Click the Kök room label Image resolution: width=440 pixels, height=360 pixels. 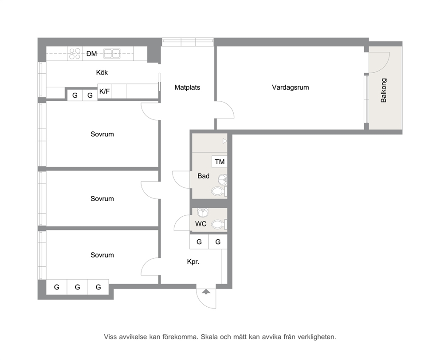pyautogui.click(x=102, y=72)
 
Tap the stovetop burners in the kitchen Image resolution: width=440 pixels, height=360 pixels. pyautogui.click(x=75, y=54)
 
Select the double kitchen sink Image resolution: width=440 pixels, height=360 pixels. pyautogui.click(x=112, y=53)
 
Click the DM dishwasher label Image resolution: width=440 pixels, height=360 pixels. pyautogui.click(x=91, y=54)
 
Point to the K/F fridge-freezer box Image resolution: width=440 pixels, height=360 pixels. pyautogui.click(x=105, y=91)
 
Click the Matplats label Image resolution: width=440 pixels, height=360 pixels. pyautogui.click(x=187, y=87)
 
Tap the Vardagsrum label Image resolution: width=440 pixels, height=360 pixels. pyautogui.click(x=291, y=87)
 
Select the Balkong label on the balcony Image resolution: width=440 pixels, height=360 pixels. pyautogui.click(x=384, y=90)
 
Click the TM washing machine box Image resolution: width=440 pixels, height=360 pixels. pyautogui.click(x=220, y=162)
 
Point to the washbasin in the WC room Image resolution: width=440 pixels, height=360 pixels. pyautogui.click(x=203, y=213)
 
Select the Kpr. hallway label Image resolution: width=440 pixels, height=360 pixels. pyautogui.click(x=193, y=262)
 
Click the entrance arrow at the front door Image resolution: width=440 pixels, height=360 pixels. pyautogui.click(x=206, y=292)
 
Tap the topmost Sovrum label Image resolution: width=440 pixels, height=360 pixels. pyautogui.click(x=102, y=134)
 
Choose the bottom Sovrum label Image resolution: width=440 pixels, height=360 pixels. pyautogui.click(x=102, y=255)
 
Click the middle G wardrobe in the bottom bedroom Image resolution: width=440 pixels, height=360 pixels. pyautogui.click(x=78, y=287)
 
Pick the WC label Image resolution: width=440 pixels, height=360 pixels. pyautogui.click(x=201, y=224)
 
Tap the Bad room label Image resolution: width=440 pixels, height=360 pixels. pyautogui.click(x=204, y=176)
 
